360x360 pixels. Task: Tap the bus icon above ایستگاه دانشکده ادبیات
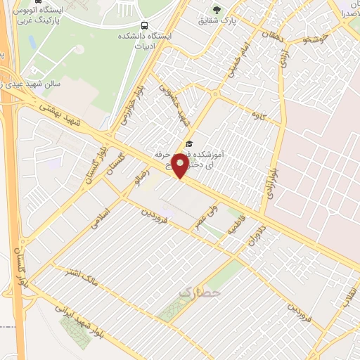pyautogui.click(x=144, y=23)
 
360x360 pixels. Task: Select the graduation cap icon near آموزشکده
pyautogui.click(x=188, y=143)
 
